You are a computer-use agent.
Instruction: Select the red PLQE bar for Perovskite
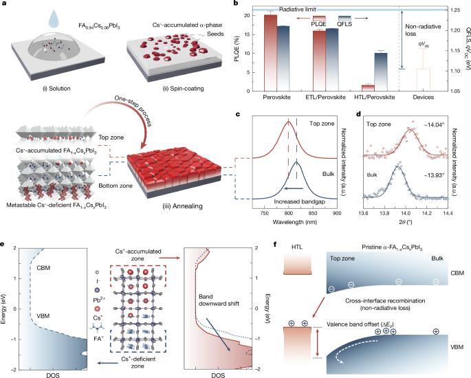[270, 53]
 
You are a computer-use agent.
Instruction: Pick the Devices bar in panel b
[423, 80]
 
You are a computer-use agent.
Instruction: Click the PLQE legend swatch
[319, 18]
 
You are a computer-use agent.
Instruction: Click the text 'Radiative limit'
[297, 10]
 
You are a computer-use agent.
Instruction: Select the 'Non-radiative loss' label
[423, 30]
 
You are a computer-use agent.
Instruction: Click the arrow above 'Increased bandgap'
[294, 188]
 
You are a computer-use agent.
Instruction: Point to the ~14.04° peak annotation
[434, 125]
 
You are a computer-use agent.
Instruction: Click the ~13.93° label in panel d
[434, 175]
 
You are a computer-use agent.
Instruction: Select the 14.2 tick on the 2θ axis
[426, 213]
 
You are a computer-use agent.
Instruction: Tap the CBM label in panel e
[43, 267]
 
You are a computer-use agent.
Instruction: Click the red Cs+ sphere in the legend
[98, 309]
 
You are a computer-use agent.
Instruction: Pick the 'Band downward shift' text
[219, 300]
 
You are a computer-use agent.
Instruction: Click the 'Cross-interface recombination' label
[385, 301]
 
